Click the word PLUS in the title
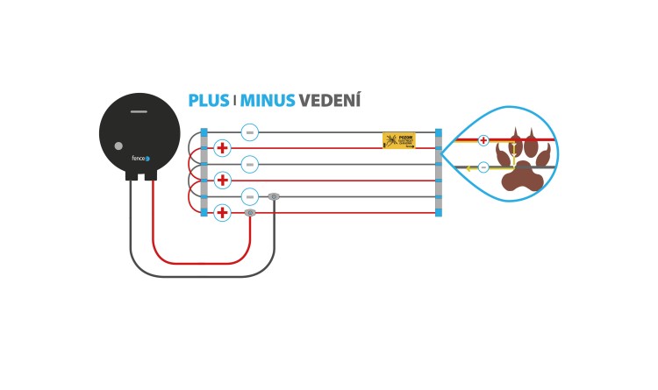pyautogui.click(x=209, y=101)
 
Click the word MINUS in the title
pyautogui.click(x=268, y=101)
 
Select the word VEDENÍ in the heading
pyautogui.click(x=330, y=101)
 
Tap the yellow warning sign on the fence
pyautogui.click(x=398, y=140)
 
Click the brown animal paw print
pyautogui.click(x=524, y=161)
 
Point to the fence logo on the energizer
pyautogui.click(x=140, y=159)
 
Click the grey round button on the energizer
pyautogui.click(x=118, y=146)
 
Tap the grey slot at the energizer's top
pyautogui.click(x=139, y=111)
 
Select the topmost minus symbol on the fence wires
pyautogui.click(x=249, y=132)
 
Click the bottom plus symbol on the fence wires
pyautogui.click(x=222, y=212)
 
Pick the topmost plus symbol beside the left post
pyautogui.click(x=222, y=148)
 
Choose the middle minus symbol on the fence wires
pyautogui.click(x=249, y=164)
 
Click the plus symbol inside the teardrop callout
pyautogui.click(x=483, y=140)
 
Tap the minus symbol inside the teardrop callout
pyautogui.click(x=483, y=167)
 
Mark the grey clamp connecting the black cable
pyautogui.click(x=274, y=196)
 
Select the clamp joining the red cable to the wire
pyautogui.click(x=250, y=212)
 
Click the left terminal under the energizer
pyautogui.click(x=131, y=175)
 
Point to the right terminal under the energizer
pyautogui.click(x=151, y=175)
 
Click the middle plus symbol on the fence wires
pyautogui.click(x=222, y=181)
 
